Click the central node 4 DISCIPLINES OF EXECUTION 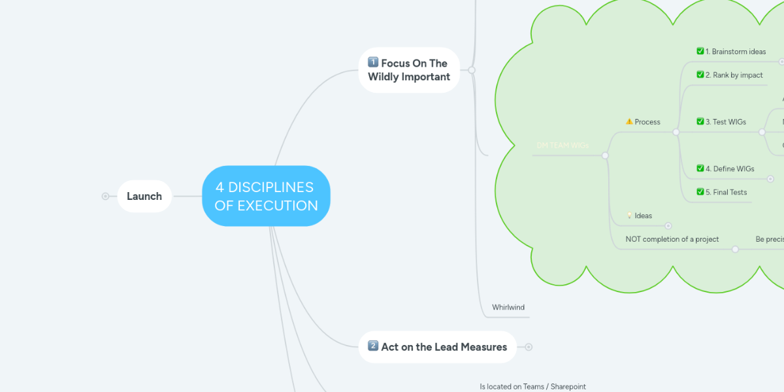pyautogui.click(x=266, y=196)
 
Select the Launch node pyautogui.click(x=144, y=196)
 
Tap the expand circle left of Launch pyautogui.click(x=105, y=196)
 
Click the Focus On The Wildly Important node pyautogui.click(x=409, y=70)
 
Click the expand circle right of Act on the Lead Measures pyautogui.click(x=529, y=347)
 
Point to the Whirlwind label pyautogui.click(x=508, y=307)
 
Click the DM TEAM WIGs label pyautogui.click(x=563, y=146)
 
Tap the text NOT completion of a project pyautogui.click(x=672, y=239)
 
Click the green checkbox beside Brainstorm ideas pyautogui.click(x=700, y=51)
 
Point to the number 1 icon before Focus pyautogui.click(x=373, y=63)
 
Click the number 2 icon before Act pyautogui.click(x=373, y=346)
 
